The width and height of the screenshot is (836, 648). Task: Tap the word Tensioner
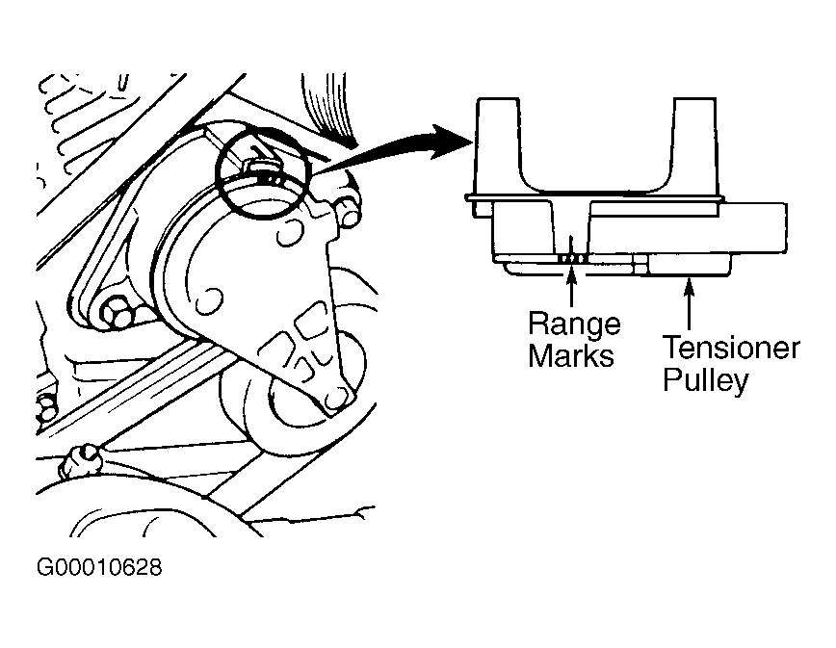click(730, 348)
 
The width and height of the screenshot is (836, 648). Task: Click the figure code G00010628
click(98, 567)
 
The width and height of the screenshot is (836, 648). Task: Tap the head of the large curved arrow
click(448, 141)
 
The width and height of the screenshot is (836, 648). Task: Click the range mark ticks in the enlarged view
click(571, 258)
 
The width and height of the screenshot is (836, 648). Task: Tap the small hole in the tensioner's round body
click(213, 290)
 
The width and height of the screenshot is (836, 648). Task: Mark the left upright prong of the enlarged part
click(499, 144)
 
